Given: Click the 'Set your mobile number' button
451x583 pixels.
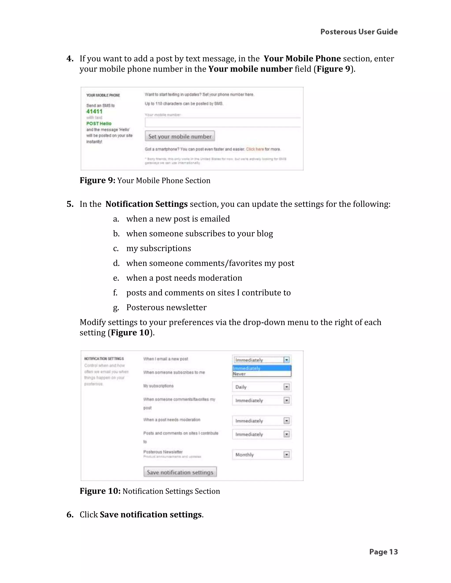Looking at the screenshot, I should [x=180, y=136].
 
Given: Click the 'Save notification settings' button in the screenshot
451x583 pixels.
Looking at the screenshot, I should [x=180, y=472].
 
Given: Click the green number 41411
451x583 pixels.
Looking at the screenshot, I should [x=94, y=112].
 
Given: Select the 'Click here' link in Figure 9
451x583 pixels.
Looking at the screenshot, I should [x=255, y=149].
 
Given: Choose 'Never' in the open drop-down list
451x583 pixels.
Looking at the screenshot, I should [x=239, y=374].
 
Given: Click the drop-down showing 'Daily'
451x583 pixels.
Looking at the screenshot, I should [x=262, y=387].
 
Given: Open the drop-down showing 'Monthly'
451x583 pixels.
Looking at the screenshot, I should [x=262, y=455].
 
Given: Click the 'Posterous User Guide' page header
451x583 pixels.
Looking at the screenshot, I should [x=359, y=32].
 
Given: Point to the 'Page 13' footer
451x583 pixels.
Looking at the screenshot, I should [x=383, y=552].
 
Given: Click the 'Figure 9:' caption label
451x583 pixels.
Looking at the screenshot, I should [x=98, y=180].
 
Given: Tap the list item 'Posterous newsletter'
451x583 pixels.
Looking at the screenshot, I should [x=166, y=308].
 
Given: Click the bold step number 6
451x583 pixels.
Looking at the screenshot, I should [x=70, y=514].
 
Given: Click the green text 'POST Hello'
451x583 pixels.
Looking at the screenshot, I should [x=99, y=123].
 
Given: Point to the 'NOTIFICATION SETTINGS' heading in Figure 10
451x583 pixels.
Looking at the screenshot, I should [x=104, y=359].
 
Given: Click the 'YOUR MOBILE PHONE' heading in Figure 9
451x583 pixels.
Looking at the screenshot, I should [x=103, y=95].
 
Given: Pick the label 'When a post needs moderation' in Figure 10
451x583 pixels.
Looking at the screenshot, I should [x=172, y=420].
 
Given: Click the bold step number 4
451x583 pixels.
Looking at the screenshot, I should [x=70, y=59].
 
